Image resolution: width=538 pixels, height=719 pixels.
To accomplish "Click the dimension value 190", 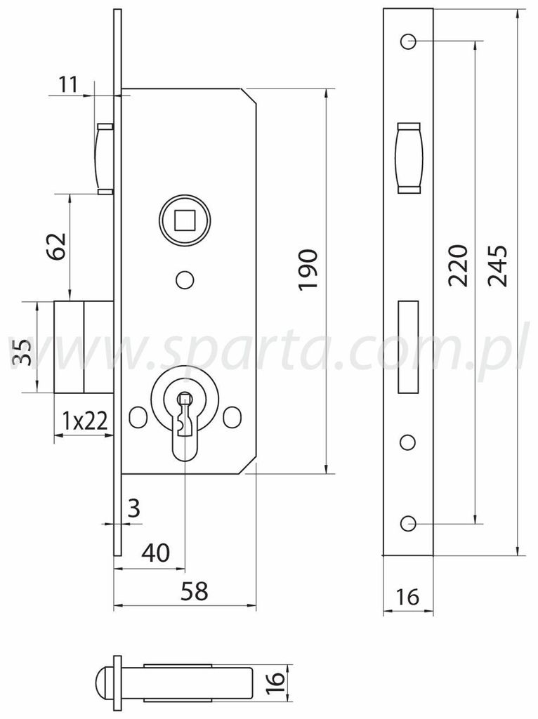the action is [x=308, y=269].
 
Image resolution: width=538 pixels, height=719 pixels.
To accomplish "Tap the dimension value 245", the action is [x=497, y=266].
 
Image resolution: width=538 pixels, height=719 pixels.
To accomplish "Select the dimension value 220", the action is [x=458, y=266].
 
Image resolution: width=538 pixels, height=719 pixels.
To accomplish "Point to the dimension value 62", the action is [x=58, y=246].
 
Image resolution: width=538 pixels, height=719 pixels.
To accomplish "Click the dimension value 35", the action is [x=21, y=352].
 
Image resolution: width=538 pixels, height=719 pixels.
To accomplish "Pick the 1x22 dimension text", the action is [x=85, y=420].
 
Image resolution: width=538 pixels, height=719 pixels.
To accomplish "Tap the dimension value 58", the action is [x=195, y=591].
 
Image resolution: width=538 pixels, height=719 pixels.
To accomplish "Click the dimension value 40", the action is [x=156, y=553].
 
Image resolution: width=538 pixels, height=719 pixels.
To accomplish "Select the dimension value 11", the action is [x=68, y=85].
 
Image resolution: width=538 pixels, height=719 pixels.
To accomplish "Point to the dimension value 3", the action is [x=134, y=508].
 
